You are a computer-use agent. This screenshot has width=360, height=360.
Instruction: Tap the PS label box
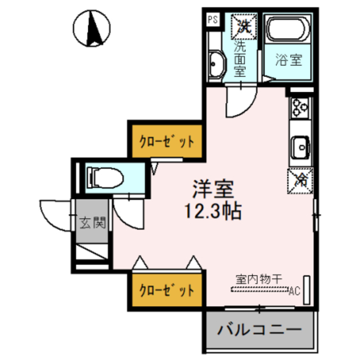[x=213, y=20]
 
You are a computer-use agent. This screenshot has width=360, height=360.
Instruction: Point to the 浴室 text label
[x=289, y=60]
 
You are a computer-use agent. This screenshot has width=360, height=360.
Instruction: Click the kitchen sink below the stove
[x=300, y=148]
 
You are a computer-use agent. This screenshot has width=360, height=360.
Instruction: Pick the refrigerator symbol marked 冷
[x=300, y=180]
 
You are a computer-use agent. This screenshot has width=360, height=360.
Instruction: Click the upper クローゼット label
[x=167, y=141]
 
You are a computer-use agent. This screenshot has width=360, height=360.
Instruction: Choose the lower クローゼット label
[x=167, y=291]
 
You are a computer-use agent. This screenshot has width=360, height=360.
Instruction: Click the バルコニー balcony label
[x=259, y=328]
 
